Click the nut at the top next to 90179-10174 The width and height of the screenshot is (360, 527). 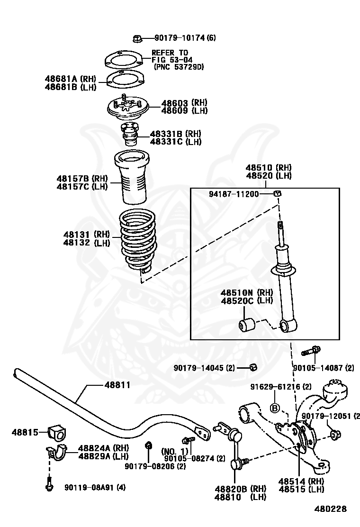pyautogui.click(x=136, y=38)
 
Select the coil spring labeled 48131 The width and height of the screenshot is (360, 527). pyautogui.click(x=138, y=239)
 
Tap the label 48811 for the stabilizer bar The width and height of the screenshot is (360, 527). pyautogui.click(x=117, y=385)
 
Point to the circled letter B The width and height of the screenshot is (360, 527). pyautogui.click(x=275, y=408)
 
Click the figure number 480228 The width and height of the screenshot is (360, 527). pyautogui.click(x=331, y=509)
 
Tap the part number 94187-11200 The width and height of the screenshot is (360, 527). pyautogui.click(x=234, y=194)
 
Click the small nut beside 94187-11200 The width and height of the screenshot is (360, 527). pyautogui.click(x=278, y=193)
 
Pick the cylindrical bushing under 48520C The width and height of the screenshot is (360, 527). pyautogui.click(x=246, y=326)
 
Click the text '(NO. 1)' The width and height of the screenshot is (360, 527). pyautogui.click(x=175, y=451)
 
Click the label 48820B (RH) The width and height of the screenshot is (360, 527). pyautogui.click(x=240, y=489)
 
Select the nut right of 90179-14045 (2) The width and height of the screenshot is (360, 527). pyautogui.click(x=253, y=367)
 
